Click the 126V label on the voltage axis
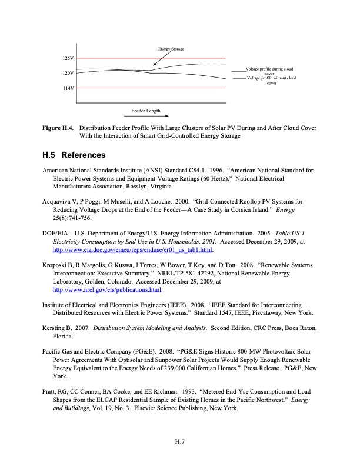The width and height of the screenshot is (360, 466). pyautogui.click(x=68, y=59)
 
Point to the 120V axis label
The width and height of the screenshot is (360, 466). pyautogui.click(x=68, y=74)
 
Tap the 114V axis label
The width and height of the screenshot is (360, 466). pyautogui.click(x=68, y=88)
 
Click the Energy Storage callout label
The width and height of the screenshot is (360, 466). pyautogui.click(x=171, y=48)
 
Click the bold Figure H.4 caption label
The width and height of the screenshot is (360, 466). pyautogui.click(x=58, y=128)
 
